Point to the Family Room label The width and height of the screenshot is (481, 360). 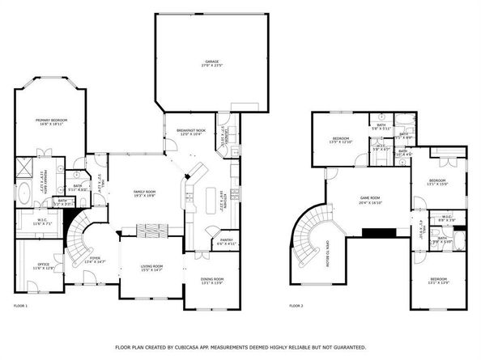coord(145,193)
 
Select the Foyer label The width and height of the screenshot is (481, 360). coord(96,260)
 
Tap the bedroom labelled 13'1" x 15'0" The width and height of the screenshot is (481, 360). coord(437,182)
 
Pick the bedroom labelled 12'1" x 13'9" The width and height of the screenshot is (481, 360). coord(437,281)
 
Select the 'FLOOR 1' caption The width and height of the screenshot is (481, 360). coord(21,306)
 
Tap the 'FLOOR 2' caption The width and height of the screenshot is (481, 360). coord(296,306)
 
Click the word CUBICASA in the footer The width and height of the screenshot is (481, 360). coord(209,346)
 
